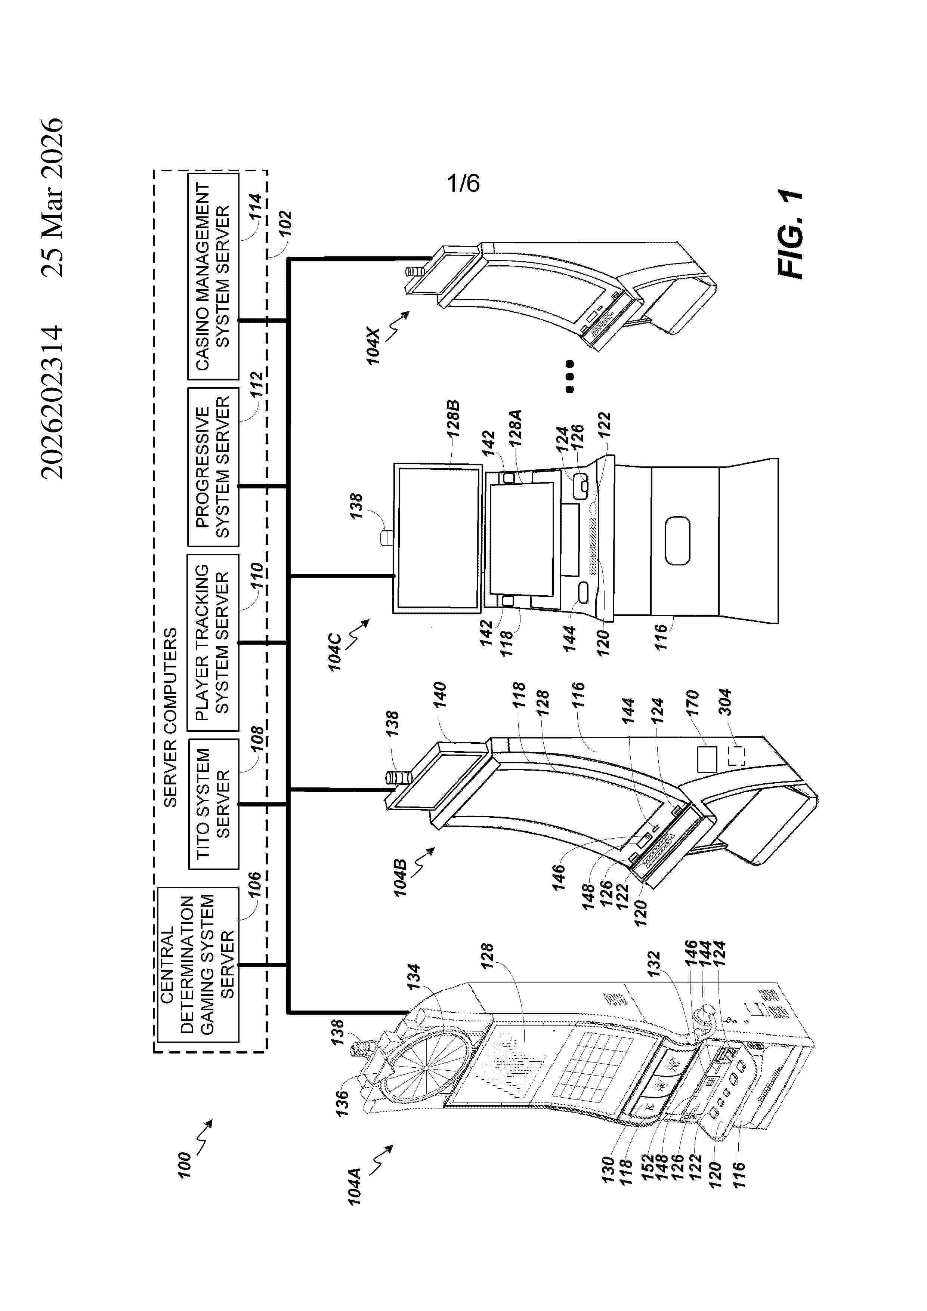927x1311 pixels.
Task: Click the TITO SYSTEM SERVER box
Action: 213,804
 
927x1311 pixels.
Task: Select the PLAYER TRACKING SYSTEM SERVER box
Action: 213,642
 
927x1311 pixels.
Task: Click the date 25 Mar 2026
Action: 53,198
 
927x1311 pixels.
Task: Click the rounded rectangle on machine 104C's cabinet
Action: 677,541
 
